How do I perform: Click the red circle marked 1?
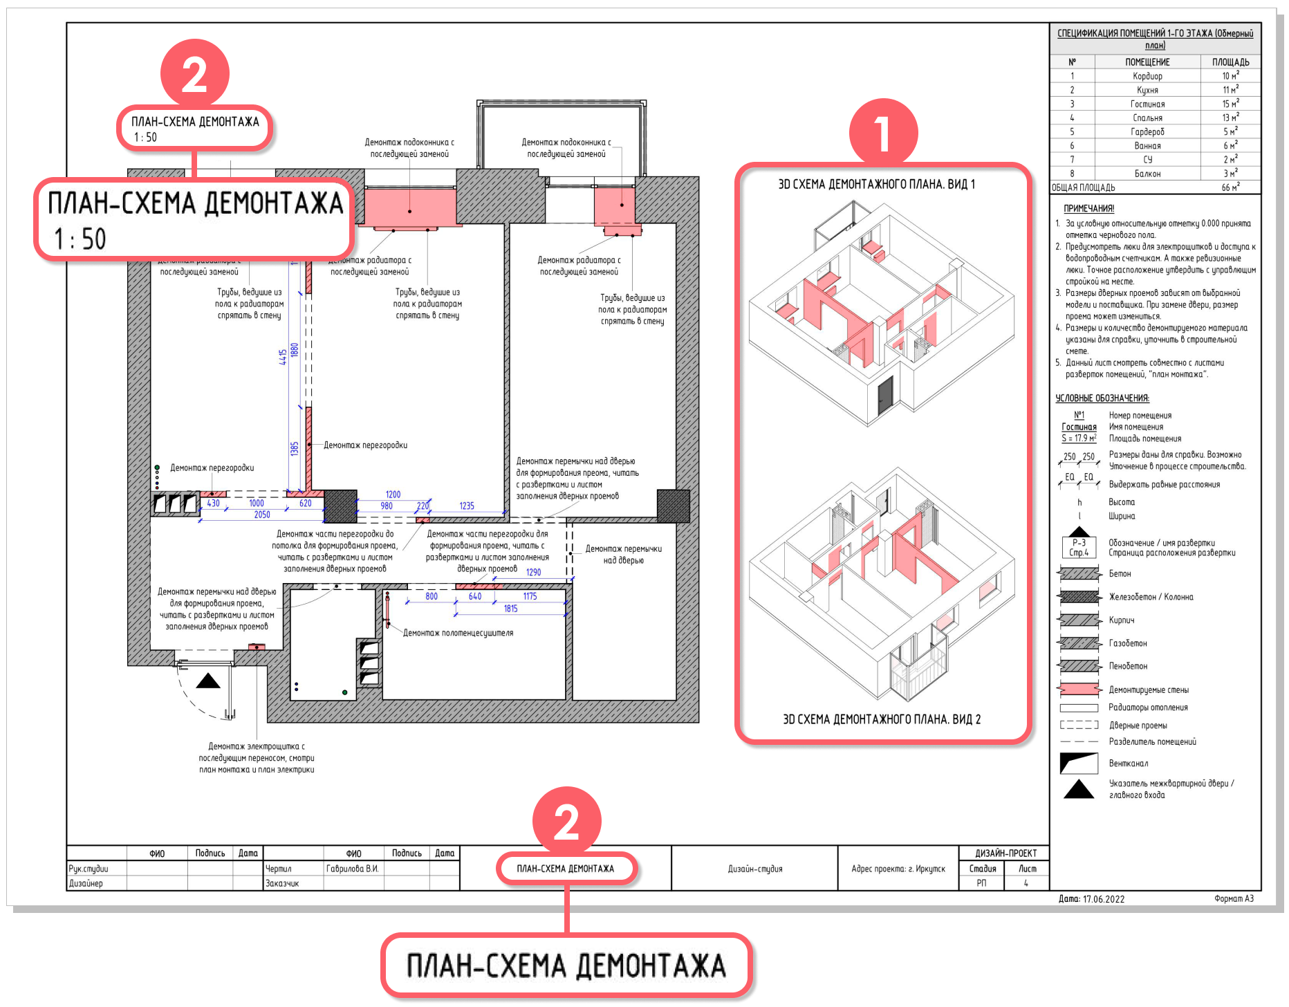point(882,133)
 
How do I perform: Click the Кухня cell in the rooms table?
point(1147,90)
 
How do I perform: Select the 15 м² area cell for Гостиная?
point(1230,104)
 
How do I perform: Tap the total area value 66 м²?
point(1230,187)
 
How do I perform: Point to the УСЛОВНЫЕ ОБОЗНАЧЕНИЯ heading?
point(1102,398)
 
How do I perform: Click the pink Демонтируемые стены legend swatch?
point(1079,690)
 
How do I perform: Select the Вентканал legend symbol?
point(1079,764)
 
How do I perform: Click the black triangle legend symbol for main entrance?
point(1079,789)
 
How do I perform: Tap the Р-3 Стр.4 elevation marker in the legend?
point(1079,546)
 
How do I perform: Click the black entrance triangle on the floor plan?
point(207,682)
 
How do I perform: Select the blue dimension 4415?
point(283,357)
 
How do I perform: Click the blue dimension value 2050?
point(262,515)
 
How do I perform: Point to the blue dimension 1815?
point(510,609)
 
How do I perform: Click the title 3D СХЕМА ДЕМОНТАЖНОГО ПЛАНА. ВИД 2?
point(882,719)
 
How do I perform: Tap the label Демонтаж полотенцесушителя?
point(458,633)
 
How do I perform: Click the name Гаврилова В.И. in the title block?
point(352,869)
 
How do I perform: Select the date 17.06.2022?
point(1104,899)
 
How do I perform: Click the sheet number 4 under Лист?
point(1026,883)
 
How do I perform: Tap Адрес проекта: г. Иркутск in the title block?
point(898,869)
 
